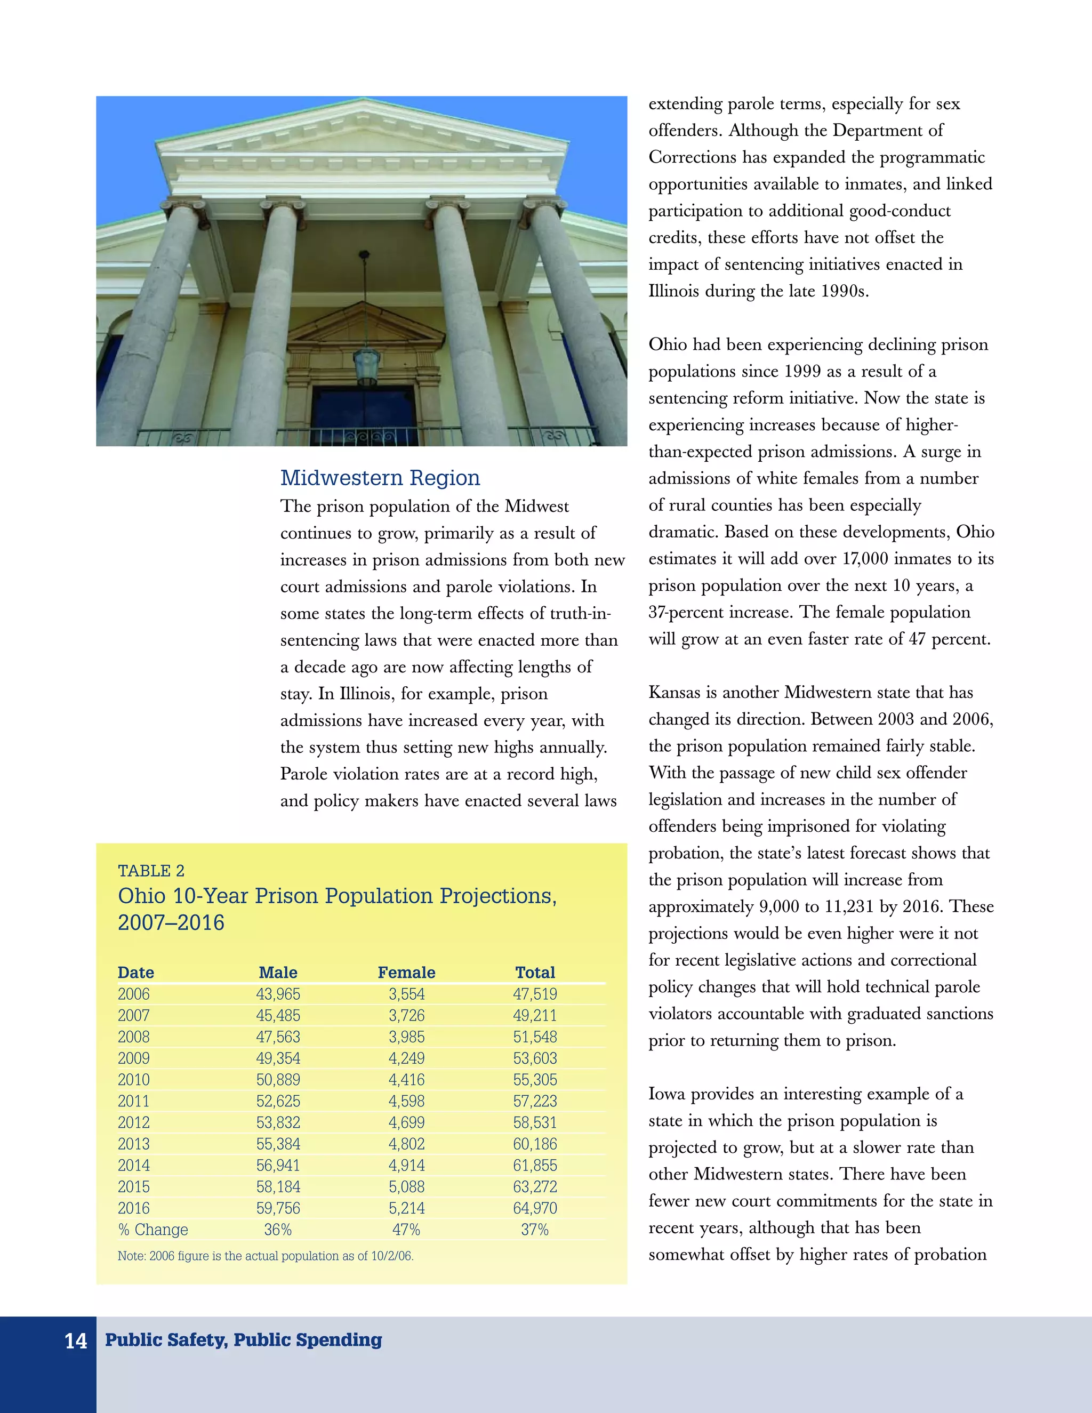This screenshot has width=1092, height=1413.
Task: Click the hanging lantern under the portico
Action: [366, 366]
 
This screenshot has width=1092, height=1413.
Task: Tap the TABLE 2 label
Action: [151, 870]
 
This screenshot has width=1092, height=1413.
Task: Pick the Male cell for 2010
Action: [278, 1079]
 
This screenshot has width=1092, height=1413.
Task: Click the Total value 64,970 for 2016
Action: [535, 1207]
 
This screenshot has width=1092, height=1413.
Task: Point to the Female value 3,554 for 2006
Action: [406, 994]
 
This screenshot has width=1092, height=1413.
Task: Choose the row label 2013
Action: [134, 1143]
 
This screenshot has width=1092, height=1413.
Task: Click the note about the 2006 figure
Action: [265, 1256]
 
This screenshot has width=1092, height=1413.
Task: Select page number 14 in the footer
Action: [76, 1340]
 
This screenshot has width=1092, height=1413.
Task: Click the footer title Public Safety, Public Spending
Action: [243, 1339]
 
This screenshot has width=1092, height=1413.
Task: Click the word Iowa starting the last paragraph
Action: [667, 1094]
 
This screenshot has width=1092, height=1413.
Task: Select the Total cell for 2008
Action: [535, 1037]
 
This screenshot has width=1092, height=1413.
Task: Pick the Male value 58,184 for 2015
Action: [278, 1186]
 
